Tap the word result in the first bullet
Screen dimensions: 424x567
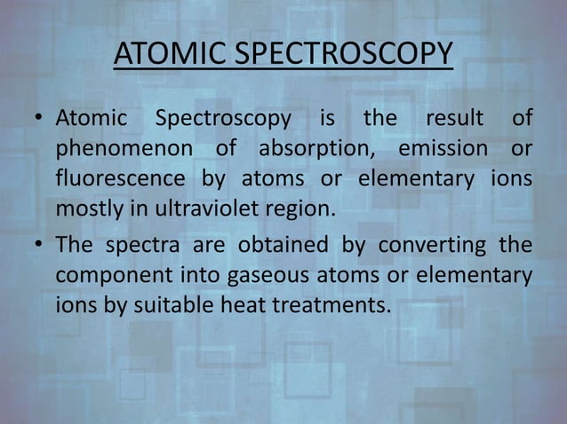pos(454,119)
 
